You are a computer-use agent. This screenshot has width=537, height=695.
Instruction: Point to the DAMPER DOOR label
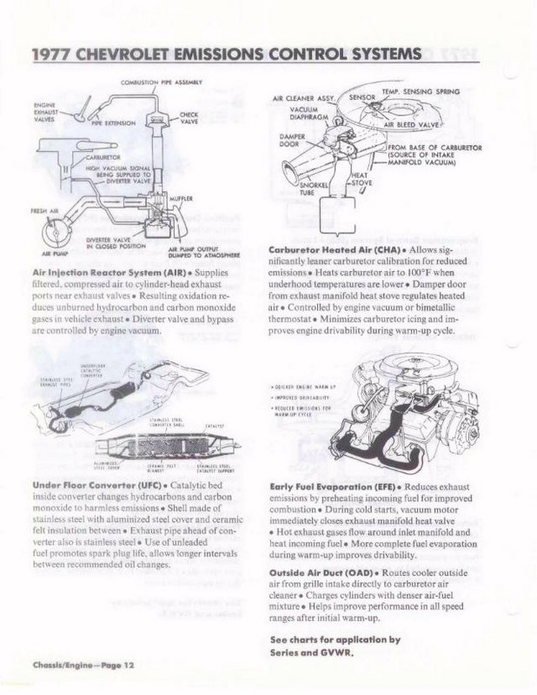(x=288, y=140)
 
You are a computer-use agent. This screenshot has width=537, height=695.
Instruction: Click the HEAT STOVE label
(x=359, y=178)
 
